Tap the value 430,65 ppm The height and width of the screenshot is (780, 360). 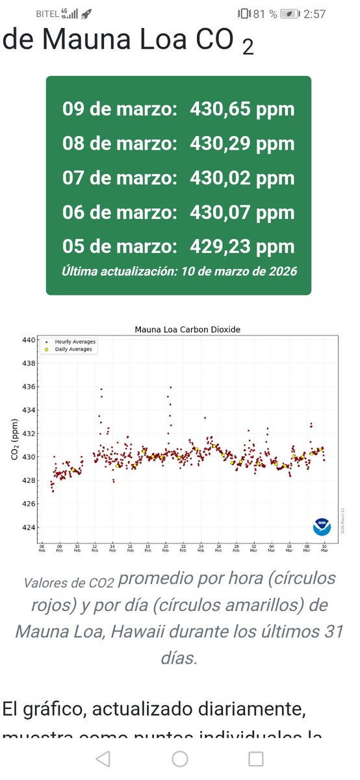point(242,109)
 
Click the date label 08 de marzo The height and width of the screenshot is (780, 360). point(120,144)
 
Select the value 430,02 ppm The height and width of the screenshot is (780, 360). point(242,178)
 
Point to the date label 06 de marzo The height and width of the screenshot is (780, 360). point(120,213)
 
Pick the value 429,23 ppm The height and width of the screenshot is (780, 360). point(242,247)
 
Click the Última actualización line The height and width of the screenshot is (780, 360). point(179,271)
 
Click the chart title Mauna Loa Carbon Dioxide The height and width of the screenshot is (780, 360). point(187,330)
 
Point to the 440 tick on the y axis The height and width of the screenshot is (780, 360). point(29,340)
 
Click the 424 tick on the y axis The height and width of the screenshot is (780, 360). point(29,527)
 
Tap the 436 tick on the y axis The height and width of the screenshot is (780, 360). point(29,387)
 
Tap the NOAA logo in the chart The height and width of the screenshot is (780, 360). point(322,525)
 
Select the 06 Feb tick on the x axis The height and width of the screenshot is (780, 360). point(42,547)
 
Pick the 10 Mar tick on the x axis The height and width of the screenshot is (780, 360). point(324,547)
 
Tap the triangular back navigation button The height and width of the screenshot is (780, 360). point(103,759)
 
